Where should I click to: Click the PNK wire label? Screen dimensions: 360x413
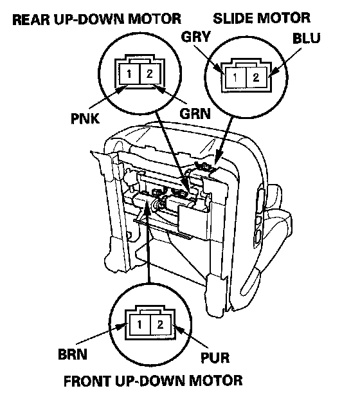(85, 118)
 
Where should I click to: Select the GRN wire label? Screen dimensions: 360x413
(195, 114)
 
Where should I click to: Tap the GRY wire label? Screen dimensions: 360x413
(196, 37)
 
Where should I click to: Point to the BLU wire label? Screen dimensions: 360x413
(306, 38)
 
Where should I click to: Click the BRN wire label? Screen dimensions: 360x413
(73, 354)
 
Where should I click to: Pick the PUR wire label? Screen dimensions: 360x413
(215, 358)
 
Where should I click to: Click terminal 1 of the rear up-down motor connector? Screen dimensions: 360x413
(129, 74)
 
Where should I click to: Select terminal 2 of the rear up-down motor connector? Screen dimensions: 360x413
(149, 74)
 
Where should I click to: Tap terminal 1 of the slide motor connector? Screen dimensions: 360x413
(235, 77)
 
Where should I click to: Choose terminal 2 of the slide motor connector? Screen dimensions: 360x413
(256, 77)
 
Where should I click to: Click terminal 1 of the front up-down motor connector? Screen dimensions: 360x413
(139, 324)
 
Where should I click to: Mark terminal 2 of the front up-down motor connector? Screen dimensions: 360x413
(160, 324)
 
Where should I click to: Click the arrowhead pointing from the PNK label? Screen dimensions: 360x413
(122, 89)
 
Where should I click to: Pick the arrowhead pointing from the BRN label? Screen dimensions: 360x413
(122, 327)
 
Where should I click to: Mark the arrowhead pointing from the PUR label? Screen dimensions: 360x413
(178, 329)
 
